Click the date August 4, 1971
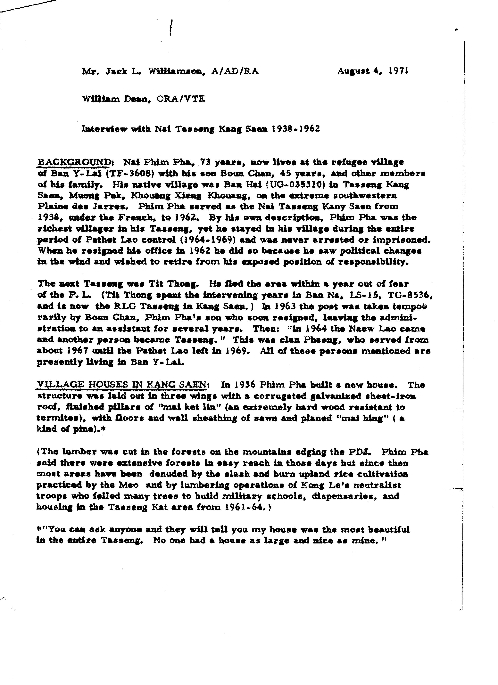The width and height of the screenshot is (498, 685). coord(373,71)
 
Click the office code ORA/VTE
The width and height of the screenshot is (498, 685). coord(181,99)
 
